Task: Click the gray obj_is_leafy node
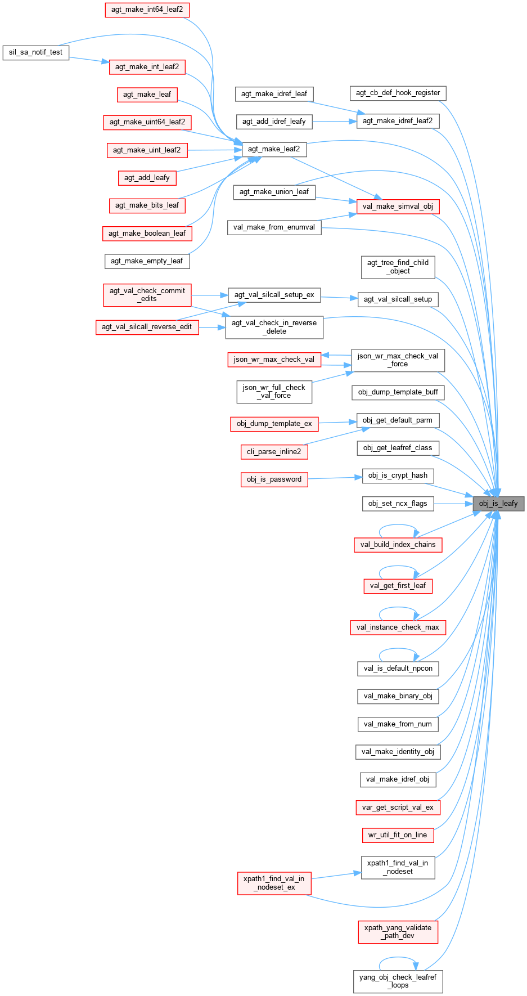pyautogui.click(x=498, y=503)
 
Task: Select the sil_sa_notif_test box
pyautogui.click(x=35, y=52)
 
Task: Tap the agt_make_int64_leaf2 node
pyautogui.click(x=147, y=10)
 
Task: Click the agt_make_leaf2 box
pyautogui.click(x=274, y=149)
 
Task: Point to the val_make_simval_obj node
pyautogui.click(x=398, y=207)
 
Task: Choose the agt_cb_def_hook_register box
pyautogui.click(x=398, y=93)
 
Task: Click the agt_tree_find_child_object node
pyautogui.click(x=398, y=267)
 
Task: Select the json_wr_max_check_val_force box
pyautogui.click(x=398, y=360)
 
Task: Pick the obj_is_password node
pyautogui.click(x=274, y=479)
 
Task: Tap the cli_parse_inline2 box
pyautogui.click(x=274, y=451)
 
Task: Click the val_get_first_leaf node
pyautogui.click(x=398, y=586)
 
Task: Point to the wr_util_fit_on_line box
pyautogui.click(x=398, y=835)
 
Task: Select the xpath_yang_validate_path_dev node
pyautogui.click(x=398, y=932)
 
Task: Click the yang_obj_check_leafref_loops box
pyautogui.click(x=398, y=981)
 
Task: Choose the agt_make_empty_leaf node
pyautogui.click(x=147, y=261)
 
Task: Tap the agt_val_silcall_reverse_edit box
pyautogui.click(x=147, y=327)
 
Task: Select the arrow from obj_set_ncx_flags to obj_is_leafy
pyautogui.click(x=453, y=504)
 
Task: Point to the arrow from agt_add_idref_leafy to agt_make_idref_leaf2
pyautogui.click(x=334, y=121)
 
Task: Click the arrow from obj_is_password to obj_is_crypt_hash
pyautogui.click(x=335, y=478)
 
